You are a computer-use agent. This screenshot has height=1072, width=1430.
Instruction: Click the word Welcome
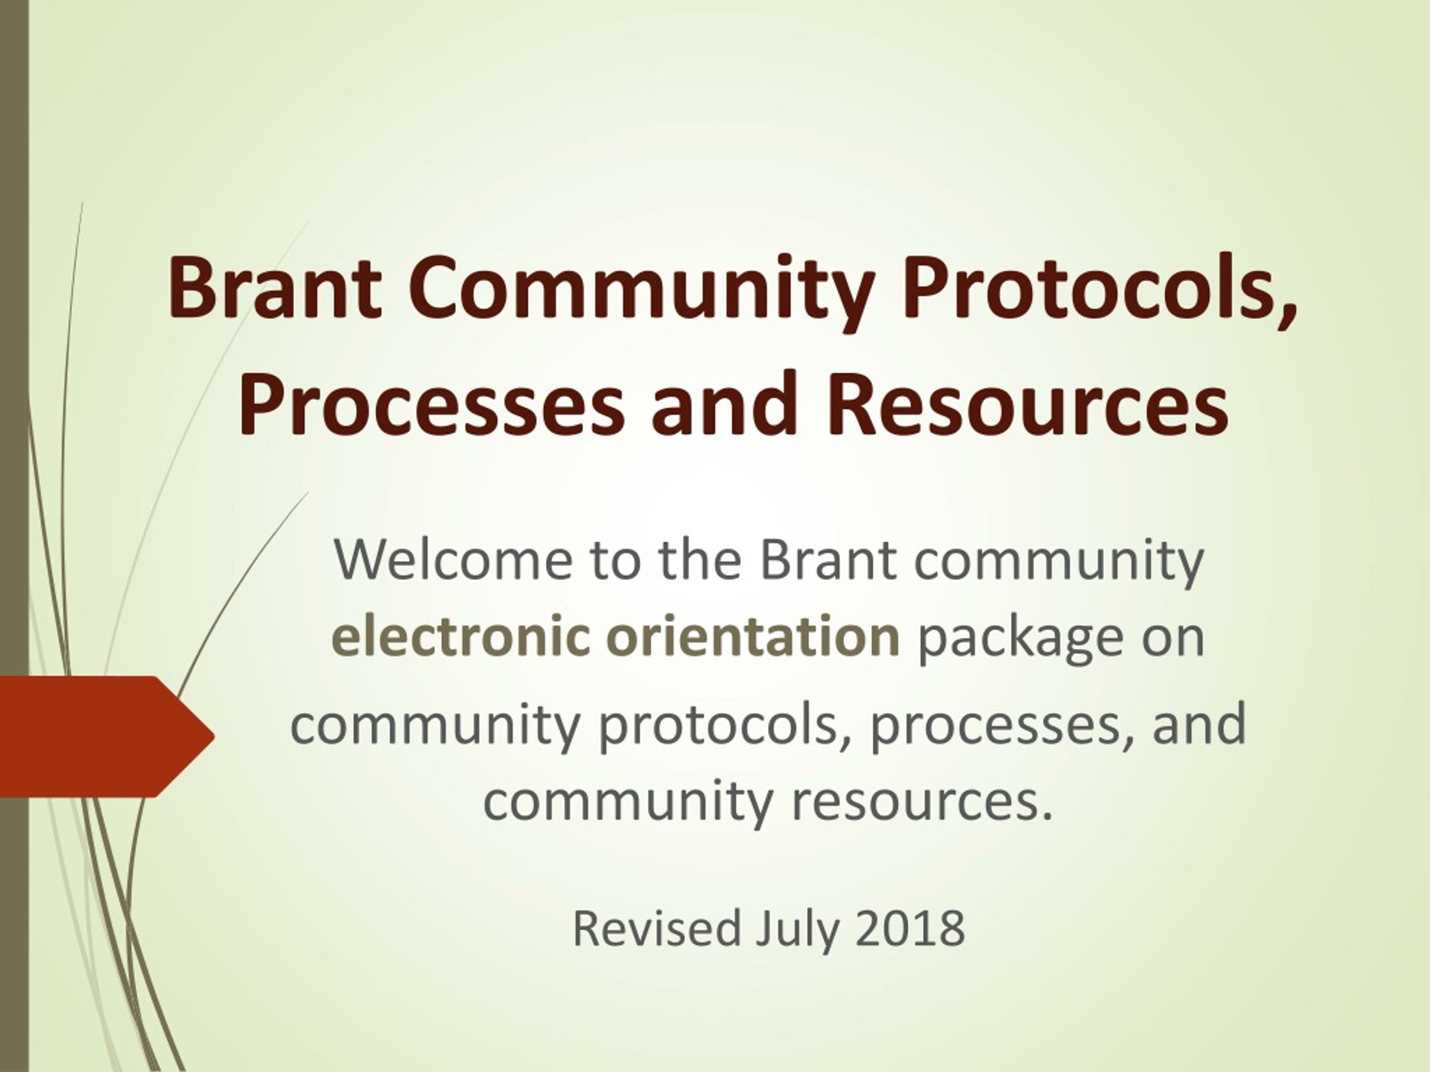coord(453,559)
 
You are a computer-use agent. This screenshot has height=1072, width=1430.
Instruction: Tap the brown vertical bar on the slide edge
coord(14,535)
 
